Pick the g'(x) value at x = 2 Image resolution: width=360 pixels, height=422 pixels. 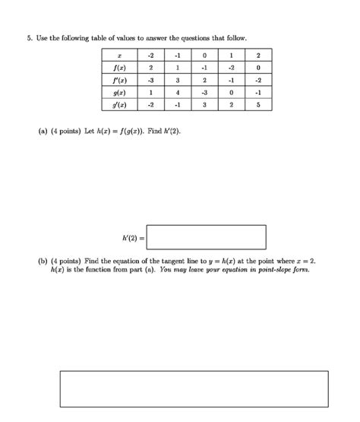coord(259,105)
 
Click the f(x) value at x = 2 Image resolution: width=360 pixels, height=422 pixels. coord(259,67)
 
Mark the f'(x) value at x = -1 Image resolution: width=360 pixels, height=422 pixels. coord(176,80)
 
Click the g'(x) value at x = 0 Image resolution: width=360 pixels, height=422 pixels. coord(204,105)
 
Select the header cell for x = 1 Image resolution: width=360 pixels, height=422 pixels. coord(232,55)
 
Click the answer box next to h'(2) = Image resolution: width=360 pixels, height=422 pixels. coord(207,237)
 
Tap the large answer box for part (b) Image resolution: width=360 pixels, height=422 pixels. coord(194,389)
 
